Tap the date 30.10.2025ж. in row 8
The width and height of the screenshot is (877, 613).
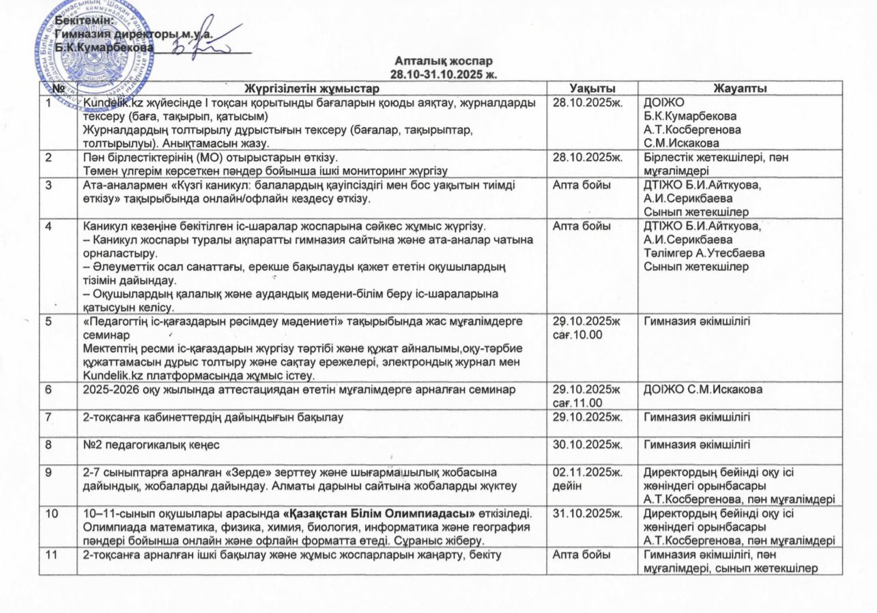click(588, 446)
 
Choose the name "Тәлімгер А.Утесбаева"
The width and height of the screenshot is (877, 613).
click(704, 253)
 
